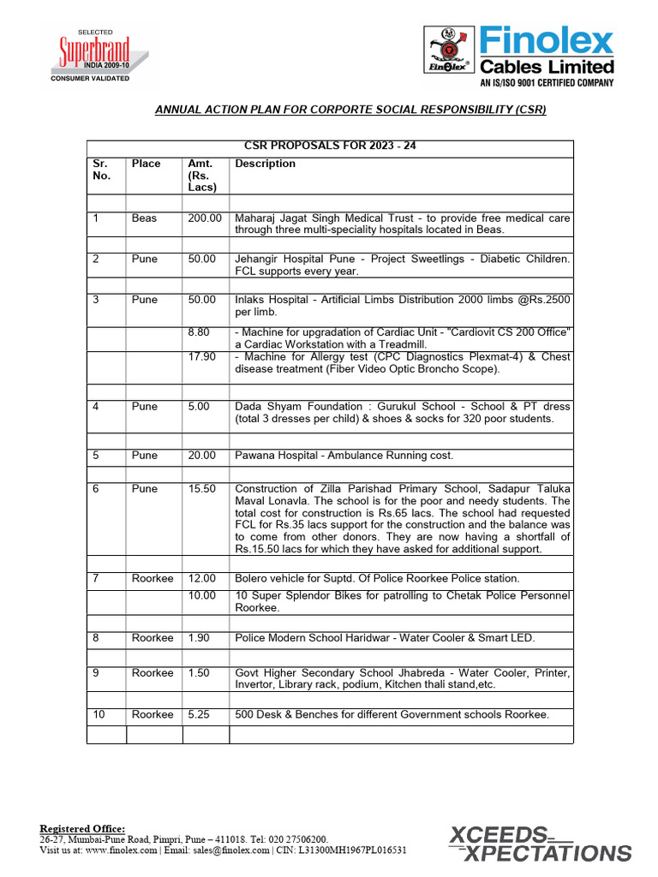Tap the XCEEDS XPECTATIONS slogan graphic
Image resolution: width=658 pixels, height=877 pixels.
point(540,843)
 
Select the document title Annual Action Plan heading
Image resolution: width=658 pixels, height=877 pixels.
point(350,110)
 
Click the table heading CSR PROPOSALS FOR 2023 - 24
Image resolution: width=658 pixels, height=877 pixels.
point(330,146)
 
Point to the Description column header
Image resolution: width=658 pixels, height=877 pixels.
point(265,164)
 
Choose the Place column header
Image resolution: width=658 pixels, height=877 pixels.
point(146,164)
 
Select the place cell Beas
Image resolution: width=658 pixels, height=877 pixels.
point(144,218)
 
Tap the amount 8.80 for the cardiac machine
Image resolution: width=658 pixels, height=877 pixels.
point(201,332)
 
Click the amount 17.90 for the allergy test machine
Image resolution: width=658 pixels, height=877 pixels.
point(202,356)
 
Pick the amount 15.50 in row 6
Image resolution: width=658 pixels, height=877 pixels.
point(202,489)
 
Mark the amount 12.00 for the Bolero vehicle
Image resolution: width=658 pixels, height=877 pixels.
point(202,579)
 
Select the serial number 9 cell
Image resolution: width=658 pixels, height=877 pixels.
point(97,673)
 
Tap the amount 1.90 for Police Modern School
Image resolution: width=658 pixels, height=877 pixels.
point(199,638)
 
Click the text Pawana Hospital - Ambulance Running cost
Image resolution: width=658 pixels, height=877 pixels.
point(344,456)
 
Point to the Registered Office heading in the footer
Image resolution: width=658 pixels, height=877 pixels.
point(82,828)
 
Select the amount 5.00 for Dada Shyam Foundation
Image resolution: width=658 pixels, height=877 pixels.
point(199,407)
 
